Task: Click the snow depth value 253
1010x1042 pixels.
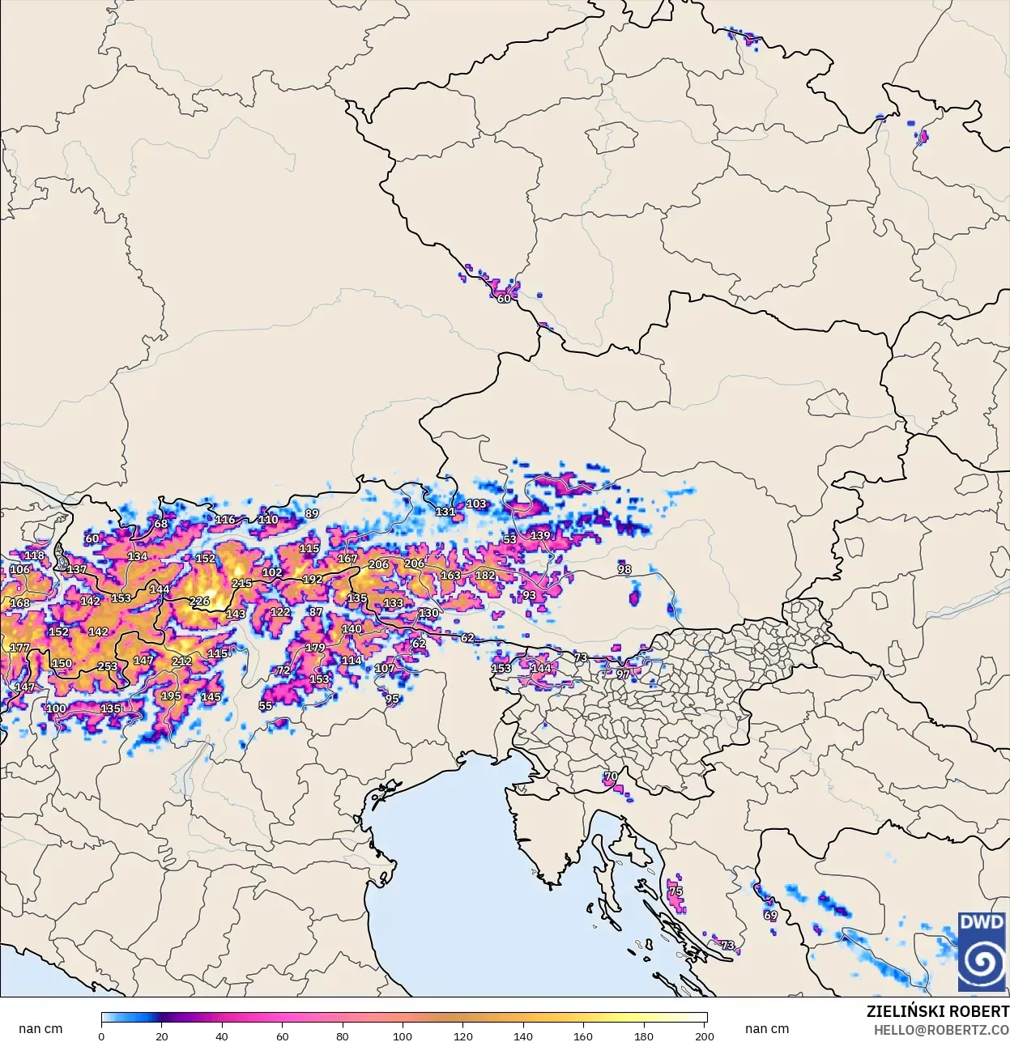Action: [x=108, y=667]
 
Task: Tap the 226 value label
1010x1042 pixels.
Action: [x=199, y=602]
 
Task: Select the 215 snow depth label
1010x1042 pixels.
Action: [x=241, y=583]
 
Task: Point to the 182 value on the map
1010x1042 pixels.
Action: [x=484, y=576]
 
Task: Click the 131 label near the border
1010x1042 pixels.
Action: [x=445, y=512]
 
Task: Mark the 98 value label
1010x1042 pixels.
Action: [x=624, y=569]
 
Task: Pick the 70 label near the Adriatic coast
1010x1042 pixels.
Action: [x=611, y=776]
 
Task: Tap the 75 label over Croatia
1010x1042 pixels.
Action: [x=675, y=891]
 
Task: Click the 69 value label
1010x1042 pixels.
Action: [x=770, y=916]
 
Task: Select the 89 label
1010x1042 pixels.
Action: [x=312, y=513]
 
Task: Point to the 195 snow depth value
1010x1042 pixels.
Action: [x=171, y=696]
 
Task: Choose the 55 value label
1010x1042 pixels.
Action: [x=266, y=706]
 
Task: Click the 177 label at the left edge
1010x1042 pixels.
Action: [x=19, y=648]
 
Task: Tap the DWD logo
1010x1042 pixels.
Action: [x=982, y=951]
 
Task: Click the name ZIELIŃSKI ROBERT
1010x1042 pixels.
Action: [x=937, y=1012]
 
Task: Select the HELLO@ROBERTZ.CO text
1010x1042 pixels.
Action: [x=941, y=1030]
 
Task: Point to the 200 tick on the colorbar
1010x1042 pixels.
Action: [x=705, y=1036]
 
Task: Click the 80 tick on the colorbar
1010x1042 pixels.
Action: [x=343, y=1036]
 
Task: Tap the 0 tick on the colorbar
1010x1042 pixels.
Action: [x=101, y=1036]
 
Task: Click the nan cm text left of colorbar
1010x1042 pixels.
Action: [x=40, y=1029]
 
